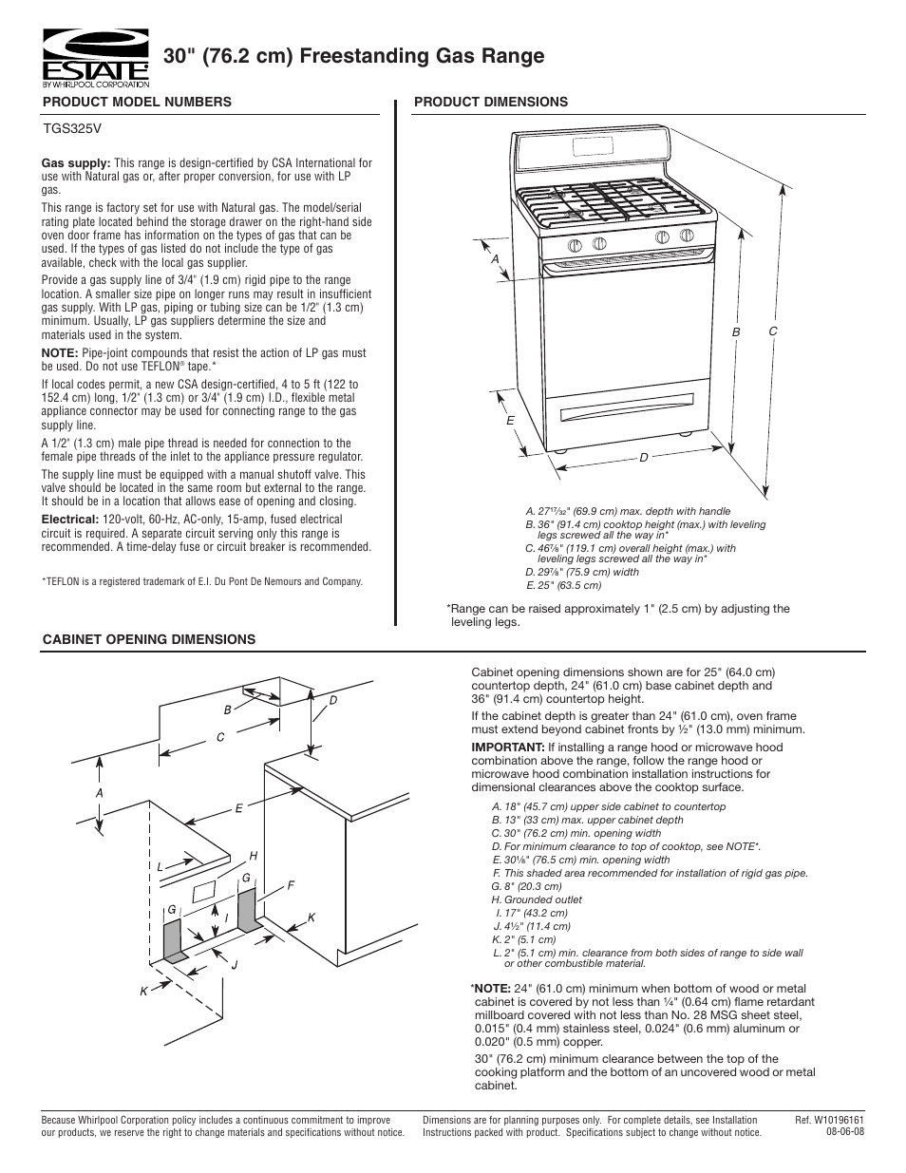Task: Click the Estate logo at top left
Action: (x=94, y=56)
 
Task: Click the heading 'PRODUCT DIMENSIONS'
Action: (x=491, y=102)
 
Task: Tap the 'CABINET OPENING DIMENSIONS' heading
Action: (x=149, y=639)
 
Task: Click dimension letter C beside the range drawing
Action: (x=773, y=331)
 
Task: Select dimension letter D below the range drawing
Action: (x=643, y=458)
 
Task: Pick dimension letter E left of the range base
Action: (x=510, y=420)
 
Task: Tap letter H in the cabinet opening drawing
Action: (x=254, y=856)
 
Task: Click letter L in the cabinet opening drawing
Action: (x=160, y=866)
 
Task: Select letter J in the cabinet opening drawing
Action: (x=234, y=965)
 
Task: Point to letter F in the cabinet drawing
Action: (x=292, y=885)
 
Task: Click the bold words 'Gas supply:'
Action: (x=76, y=163)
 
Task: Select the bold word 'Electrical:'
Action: (x=70, y=520)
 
